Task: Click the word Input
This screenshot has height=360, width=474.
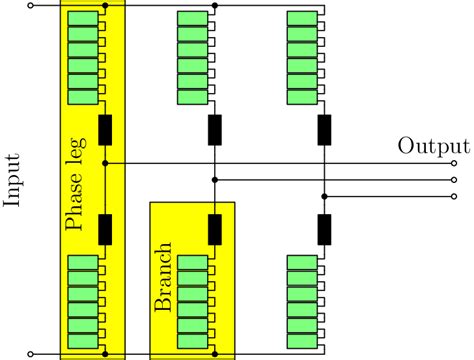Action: click(x=13, y=180)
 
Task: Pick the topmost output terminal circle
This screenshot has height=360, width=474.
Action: click(x=455, y=162)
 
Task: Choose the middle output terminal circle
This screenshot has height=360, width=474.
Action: click(x=455, y=179)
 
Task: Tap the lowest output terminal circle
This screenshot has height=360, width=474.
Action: click(x=455, y=196)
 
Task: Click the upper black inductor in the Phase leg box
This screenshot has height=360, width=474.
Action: click(x=105, y=130)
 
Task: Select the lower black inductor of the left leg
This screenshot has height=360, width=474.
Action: click(x=105, y=228)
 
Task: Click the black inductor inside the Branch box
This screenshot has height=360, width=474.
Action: click(x=215, y=228)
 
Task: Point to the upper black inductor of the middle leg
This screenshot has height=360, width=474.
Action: click(x=215, y=130)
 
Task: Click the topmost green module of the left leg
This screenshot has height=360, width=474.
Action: click(x=83, y=19)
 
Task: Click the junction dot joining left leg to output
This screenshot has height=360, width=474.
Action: click(x=105, y=162)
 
